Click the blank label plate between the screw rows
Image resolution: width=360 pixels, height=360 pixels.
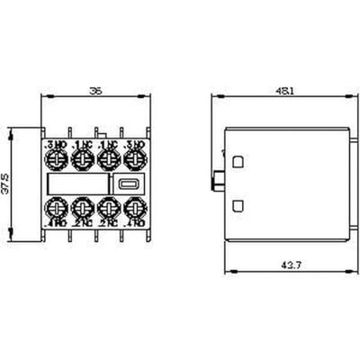pyautogui.click(x=79, y=184)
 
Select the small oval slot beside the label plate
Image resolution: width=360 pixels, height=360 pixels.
pyautogui.click(x=127, y=184)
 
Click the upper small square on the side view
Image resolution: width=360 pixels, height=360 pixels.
pyautogui.click(x=238, y=163)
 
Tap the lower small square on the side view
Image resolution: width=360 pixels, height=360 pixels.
pyautogui.click(x=238, y=206)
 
